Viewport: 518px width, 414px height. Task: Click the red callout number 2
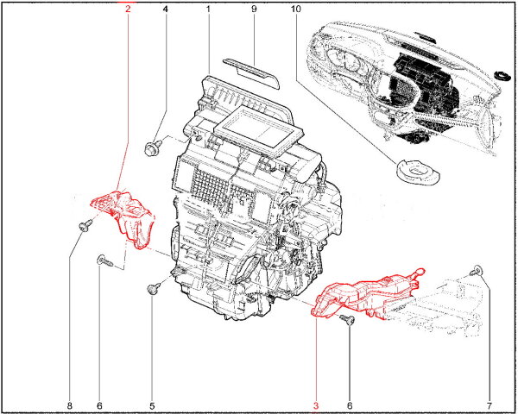click(128, 9)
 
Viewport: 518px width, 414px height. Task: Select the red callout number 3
click(316, 405)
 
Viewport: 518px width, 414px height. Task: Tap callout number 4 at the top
click(165, 9)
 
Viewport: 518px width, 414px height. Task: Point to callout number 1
click(208, 9)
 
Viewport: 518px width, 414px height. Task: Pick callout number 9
click(254, 9)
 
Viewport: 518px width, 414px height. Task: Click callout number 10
click(295, 9)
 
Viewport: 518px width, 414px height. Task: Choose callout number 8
click(69, 405)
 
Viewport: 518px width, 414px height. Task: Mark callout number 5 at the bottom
click(152, 405)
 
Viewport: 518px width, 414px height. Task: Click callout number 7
click(490, 405)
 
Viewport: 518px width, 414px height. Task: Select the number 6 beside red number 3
click(350, 405)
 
